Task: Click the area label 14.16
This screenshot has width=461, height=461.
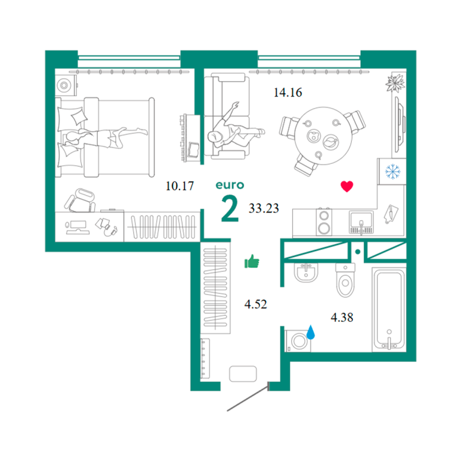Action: (288, 92)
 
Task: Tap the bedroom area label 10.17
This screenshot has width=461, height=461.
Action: (179, 186)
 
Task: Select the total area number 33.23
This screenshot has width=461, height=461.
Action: (264, 208)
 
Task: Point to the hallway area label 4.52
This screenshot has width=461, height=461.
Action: (256, 304)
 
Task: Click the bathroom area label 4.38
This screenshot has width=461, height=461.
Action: (342, 317)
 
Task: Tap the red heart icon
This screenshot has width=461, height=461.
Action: (347, 187)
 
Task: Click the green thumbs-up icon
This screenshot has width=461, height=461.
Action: (252, 261)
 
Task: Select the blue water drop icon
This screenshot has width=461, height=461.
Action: (310, 332)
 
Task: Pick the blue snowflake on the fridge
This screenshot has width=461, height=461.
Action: (393, 172)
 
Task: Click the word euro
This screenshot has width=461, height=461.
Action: (230, 185)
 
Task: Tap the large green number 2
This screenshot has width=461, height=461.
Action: (230, 209)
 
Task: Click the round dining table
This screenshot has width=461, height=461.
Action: (324, 136)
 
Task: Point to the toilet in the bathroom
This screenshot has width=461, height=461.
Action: (346, 280)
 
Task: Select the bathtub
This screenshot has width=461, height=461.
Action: (389, 309)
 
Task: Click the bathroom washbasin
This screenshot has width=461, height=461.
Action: (306, 273)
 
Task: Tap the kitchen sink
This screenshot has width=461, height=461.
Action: (361, 222)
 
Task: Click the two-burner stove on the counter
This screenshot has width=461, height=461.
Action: (324, 222)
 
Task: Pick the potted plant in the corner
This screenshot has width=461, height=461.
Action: (396, 83)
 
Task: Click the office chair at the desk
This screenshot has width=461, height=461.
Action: (80, 200)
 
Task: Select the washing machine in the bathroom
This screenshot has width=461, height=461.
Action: (298, 341)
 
